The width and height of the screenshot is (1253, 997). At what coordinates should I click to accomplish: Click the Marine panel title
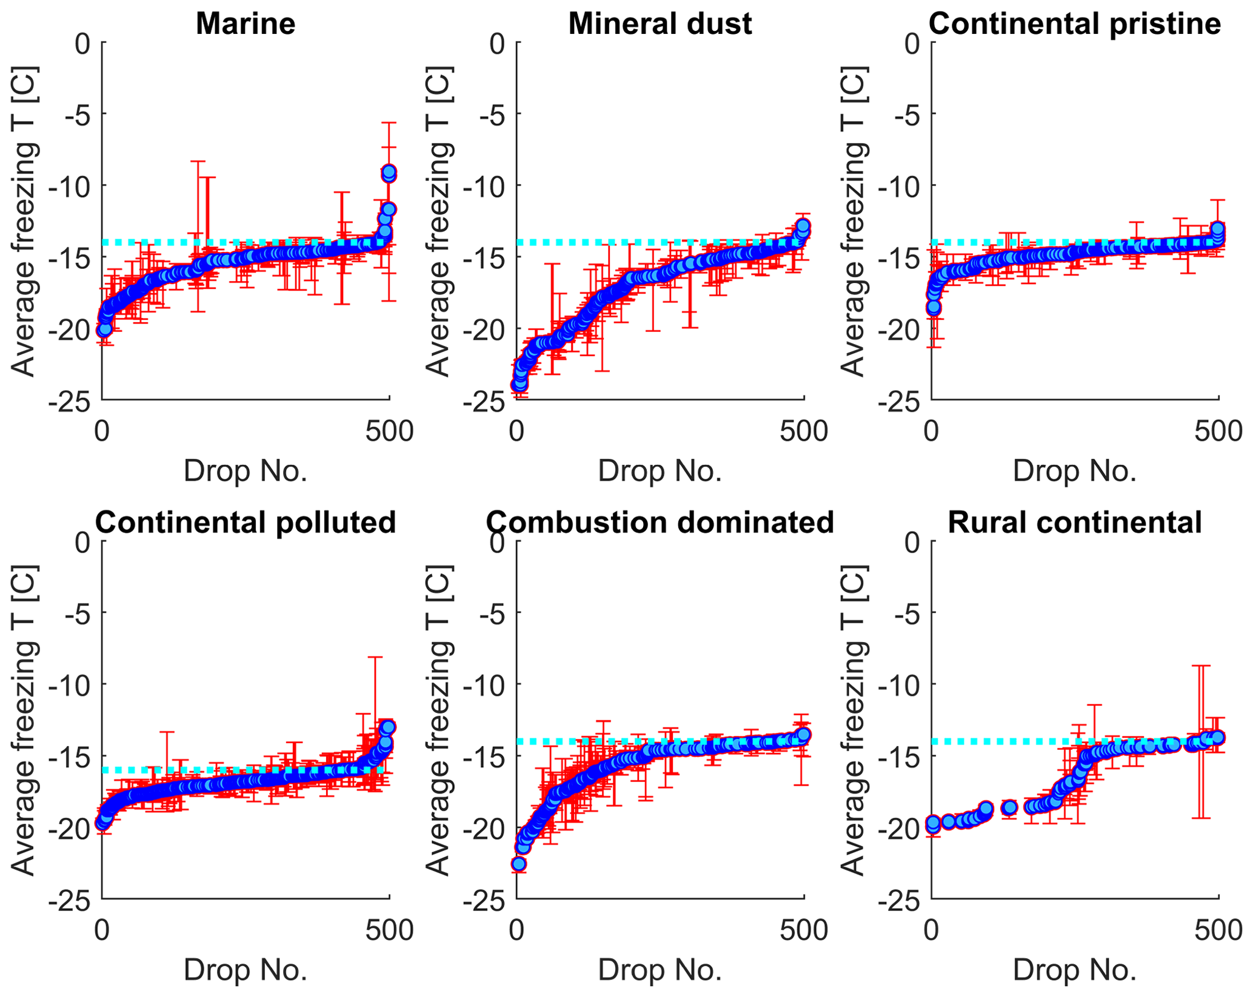[x=246, y=24]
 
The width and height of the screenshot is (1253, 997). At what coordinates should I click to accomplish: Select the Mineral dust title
[x=660, y=24]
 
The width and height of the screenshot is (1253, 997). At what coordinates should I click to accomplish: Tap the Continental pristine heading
[x=1074, y=24]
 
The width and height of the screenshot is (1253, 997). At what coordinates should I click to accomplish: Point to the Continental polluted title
[x=246, y=522]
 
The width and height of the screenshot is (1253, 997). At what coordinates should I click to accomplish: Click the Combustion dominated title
[x=660, y=522]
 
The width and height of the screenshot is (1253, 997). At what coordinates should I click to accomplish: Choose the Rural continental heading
[x=1074, y=522]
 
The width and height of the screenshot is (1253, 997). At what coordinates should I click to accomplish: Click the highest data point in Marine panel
[x=389, y=171]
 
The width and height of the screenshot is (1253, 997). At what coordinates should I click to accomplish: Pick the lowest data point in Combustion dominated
[x=518, y=864]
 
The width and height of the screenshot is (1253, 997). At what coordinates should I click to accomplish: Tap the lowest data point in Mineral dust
[x=519, y=385]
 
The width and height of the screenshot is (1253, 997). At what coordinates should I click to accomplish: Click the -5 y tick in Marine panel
[x=75, y=114]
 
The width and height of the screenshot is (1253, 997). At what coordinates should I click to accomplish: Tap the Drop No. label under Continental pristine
[x=1074, y=471]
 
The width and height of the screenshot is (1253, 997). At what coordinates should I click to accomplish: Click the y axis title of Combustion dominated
[x=438, y=721]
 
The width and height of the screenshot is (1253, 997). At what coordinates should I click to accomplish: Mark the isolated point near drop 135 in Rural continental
[x=1009, y=807]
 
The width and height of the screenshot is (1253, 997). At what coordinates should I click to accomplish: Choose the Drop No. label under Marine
[x=246, y=471]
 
